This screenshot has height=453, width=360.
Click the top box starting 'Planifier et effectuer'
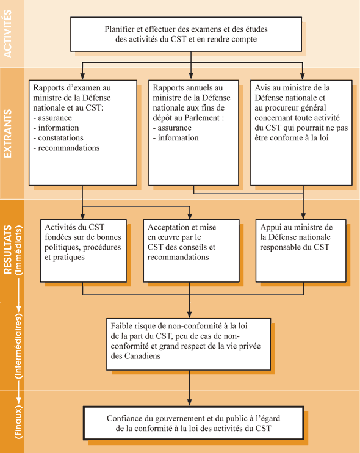186,34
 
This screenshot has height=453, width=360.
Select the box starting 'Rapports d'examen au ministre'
82,132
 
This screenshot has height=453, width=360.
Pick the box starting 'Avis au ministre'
301,132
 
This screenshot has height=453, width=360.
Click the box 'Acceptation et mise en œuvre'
191,250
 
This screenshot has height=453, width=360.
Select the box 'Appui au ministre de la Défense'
301,250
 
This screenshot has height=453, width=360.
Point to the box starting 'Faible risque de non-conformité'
189,343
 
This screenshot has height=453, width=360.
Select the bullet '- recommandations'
68,148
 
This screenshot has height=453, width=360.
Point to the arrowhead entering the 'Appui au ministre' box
302,216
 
